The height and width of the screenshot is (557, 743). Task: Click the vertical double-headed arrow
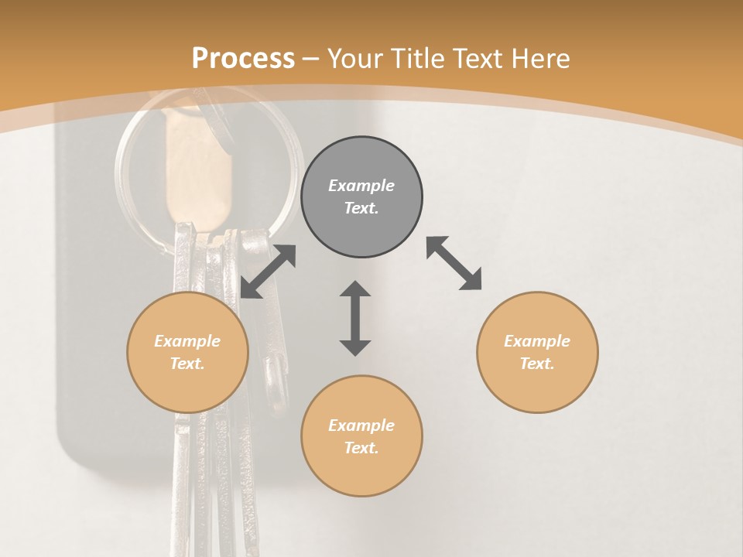[355, 318]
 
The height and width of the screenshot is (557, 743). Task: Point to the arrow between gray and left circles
[268, 272]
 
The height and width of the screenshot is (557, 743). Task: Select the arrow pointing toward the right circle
[454, 263]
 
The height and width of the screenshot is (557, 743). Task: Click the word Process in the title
[243, 59]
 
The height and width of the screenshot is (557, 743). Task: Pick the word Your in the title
[358, 59]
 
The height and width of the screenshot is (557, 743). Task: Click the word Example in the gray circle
[361, 186]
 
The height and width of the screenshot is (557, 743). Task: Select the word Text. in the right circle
[537, 364]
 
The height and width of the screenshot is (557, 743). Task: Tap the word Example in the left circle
[187, 341]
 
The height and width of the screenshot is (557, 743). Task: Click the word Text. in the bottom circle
[361, 448]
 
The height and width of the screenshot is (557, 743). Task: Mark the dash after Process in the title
[311, 59]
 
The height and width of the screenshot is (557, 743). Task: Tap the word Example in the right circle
[537, 341]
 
